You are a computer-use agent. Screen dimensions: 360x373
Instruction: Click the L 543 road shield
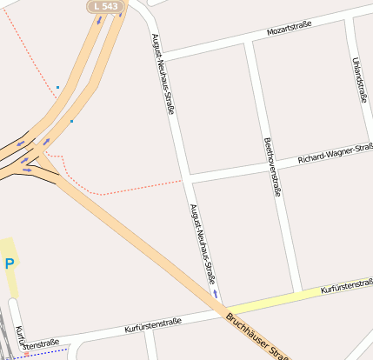[x=105, y=7]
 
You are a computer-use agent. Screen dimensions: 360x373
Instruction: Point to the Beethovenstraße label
[x=272, y=167]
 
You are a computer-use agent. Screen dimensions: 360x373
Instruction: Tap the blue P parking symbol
[x=10, y=263]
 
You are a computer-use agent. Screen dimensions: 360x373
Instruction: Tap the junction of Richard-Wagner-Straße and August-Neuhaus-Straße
[x=187, y=180]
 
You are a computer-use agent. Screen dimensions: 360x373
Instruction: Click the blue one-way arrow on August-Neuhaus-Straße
[x=215, y=294]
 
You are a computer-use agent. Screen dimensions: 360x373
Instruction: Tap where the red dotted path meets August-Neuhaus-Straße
[x=183, y=181]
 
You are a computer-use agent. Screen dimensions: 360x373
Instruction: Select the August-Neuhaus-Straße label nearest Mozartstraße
[x=164, y=75]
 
